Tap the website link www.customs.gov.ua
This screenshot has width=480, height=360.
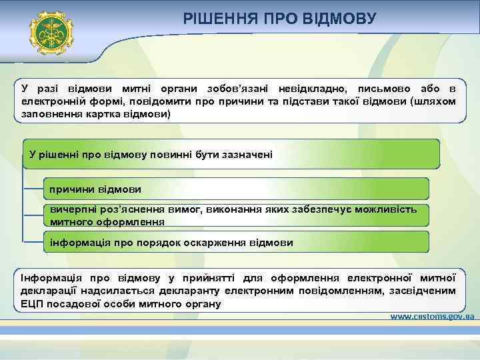point(431,316)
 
